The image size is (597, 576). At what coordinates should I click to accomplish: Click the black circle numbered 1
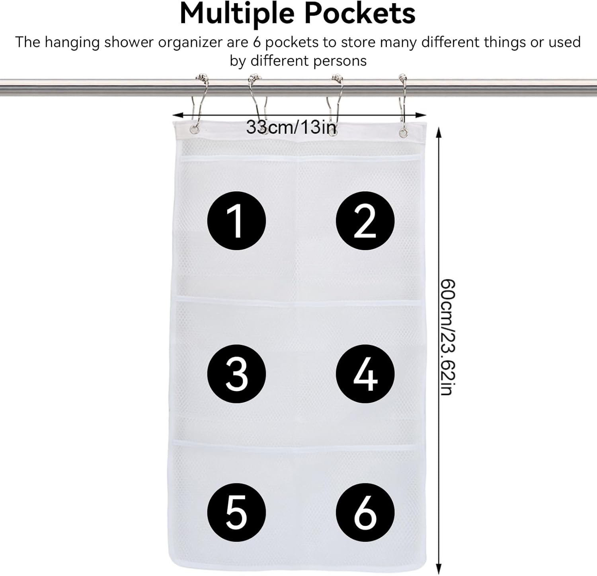coord(236,221)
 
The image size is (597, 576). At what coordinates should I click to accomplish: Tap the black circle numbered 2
coord(365,221)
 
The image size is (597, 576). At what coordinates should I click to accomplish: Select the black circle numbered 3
coord(236,374)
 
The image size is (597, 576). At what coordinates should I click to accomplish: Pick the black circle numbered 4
coord(365,374)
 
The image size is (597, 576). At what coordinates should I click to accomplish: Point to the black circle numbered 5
coord(236,512)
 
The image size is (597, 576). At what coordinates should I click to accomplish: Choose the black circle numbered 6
coord(365,512)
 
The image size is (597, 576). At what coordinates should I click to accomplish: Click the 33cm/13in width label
coord(291,127)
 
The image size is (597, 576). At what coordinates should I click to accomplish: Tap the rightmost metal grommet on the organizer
coord(403,132)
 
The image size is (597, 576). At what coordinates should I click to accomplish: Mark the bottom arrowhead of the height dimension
coord(439,569)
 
